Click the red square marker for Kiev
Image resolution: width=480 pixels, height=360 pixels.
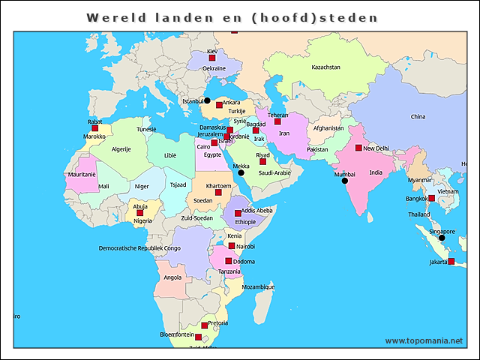click(x=212, y=58)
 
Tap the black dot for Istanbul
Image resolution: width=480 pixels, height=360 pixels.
click(x=207, y=100)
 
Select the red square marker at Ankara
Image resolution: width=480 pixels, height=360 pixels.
click(x=219, y=105)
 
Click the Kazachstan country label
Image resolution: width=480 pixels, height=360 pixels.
click(x=326, y=67)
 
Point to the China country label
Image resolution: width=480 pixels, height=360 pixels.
click(x=418, y=117)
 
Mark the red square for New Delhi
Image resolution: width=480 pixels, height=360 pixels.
click(x=358, y=148)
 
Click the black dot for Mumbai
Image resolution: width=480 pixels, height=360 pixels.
click(x=345, y=181)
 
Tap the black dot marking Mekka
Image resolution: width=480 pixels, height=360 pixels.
click(x=241, y=172)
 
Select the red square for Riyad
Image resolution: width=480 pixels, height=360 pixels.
click(x=262, y=161)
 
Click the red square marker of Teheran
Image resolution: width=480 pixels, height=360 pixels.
click(x=277, y=121)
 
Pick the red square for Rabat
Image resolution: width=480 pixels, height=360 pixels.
click(x=94, y=128)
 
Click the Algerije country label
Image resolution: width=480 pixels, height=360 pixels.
click(x=121, y=149)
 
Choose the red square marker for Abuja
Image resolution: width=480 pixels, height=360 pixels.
click(x=139, y=213)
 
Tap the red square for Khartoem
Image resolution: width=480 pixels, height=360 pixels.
click(x=218, y=192)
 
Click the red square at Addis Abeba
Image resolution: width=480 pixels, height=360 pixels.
click(x=238, y=214)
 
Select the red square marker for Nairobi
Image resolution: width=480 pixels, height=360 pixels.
click(x=232, y=245)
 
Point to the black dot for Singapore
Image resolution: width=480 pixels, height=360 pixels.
click(x=442, y=238)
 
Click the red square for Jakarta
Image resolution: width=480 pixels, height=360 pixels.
click(x=451, y=262)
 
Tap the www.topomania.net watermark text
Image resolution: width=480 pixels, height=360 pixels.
click(x=424, y=341)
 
